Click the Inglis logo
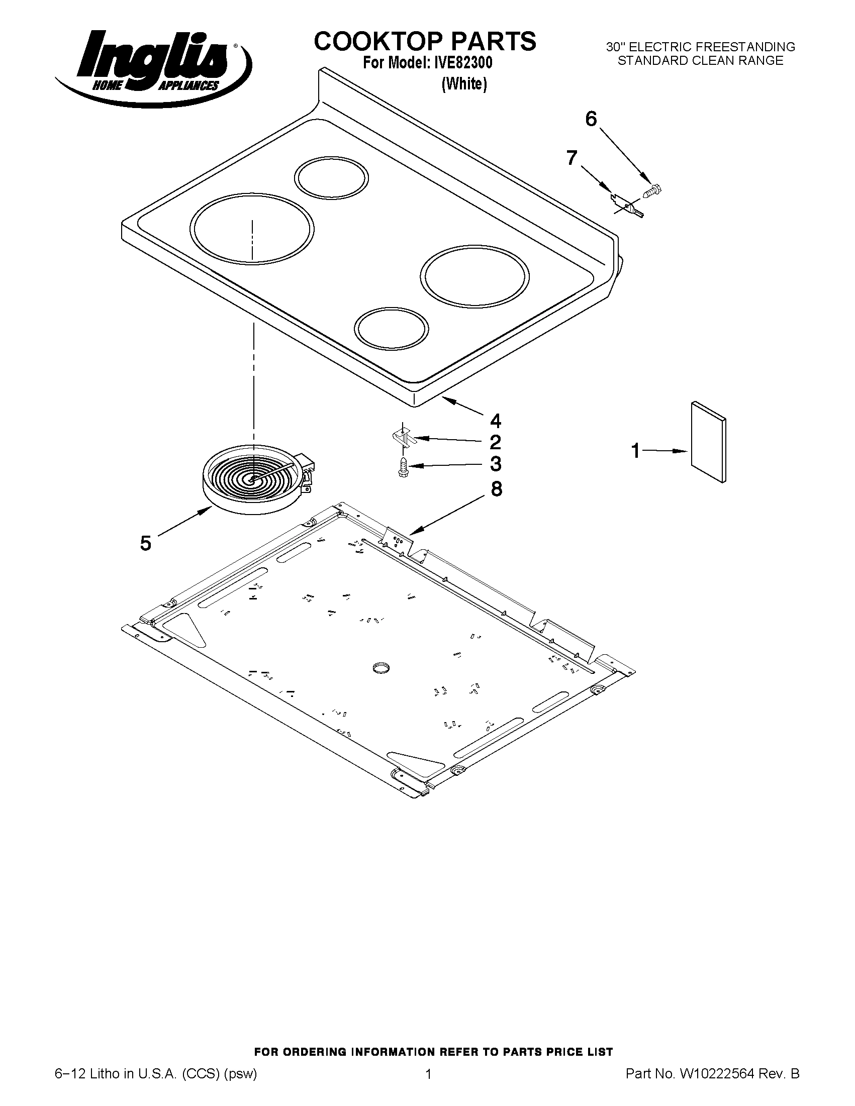152,66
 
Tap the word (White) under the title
464,84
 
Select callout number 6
591,120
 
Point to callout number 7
572,158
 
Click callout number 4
495,421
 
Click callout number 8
496,489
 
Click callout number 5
145,544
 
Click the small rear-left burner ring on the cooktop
331,177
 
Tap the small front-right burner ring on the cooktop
391,328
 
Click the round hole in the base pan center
380,668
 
